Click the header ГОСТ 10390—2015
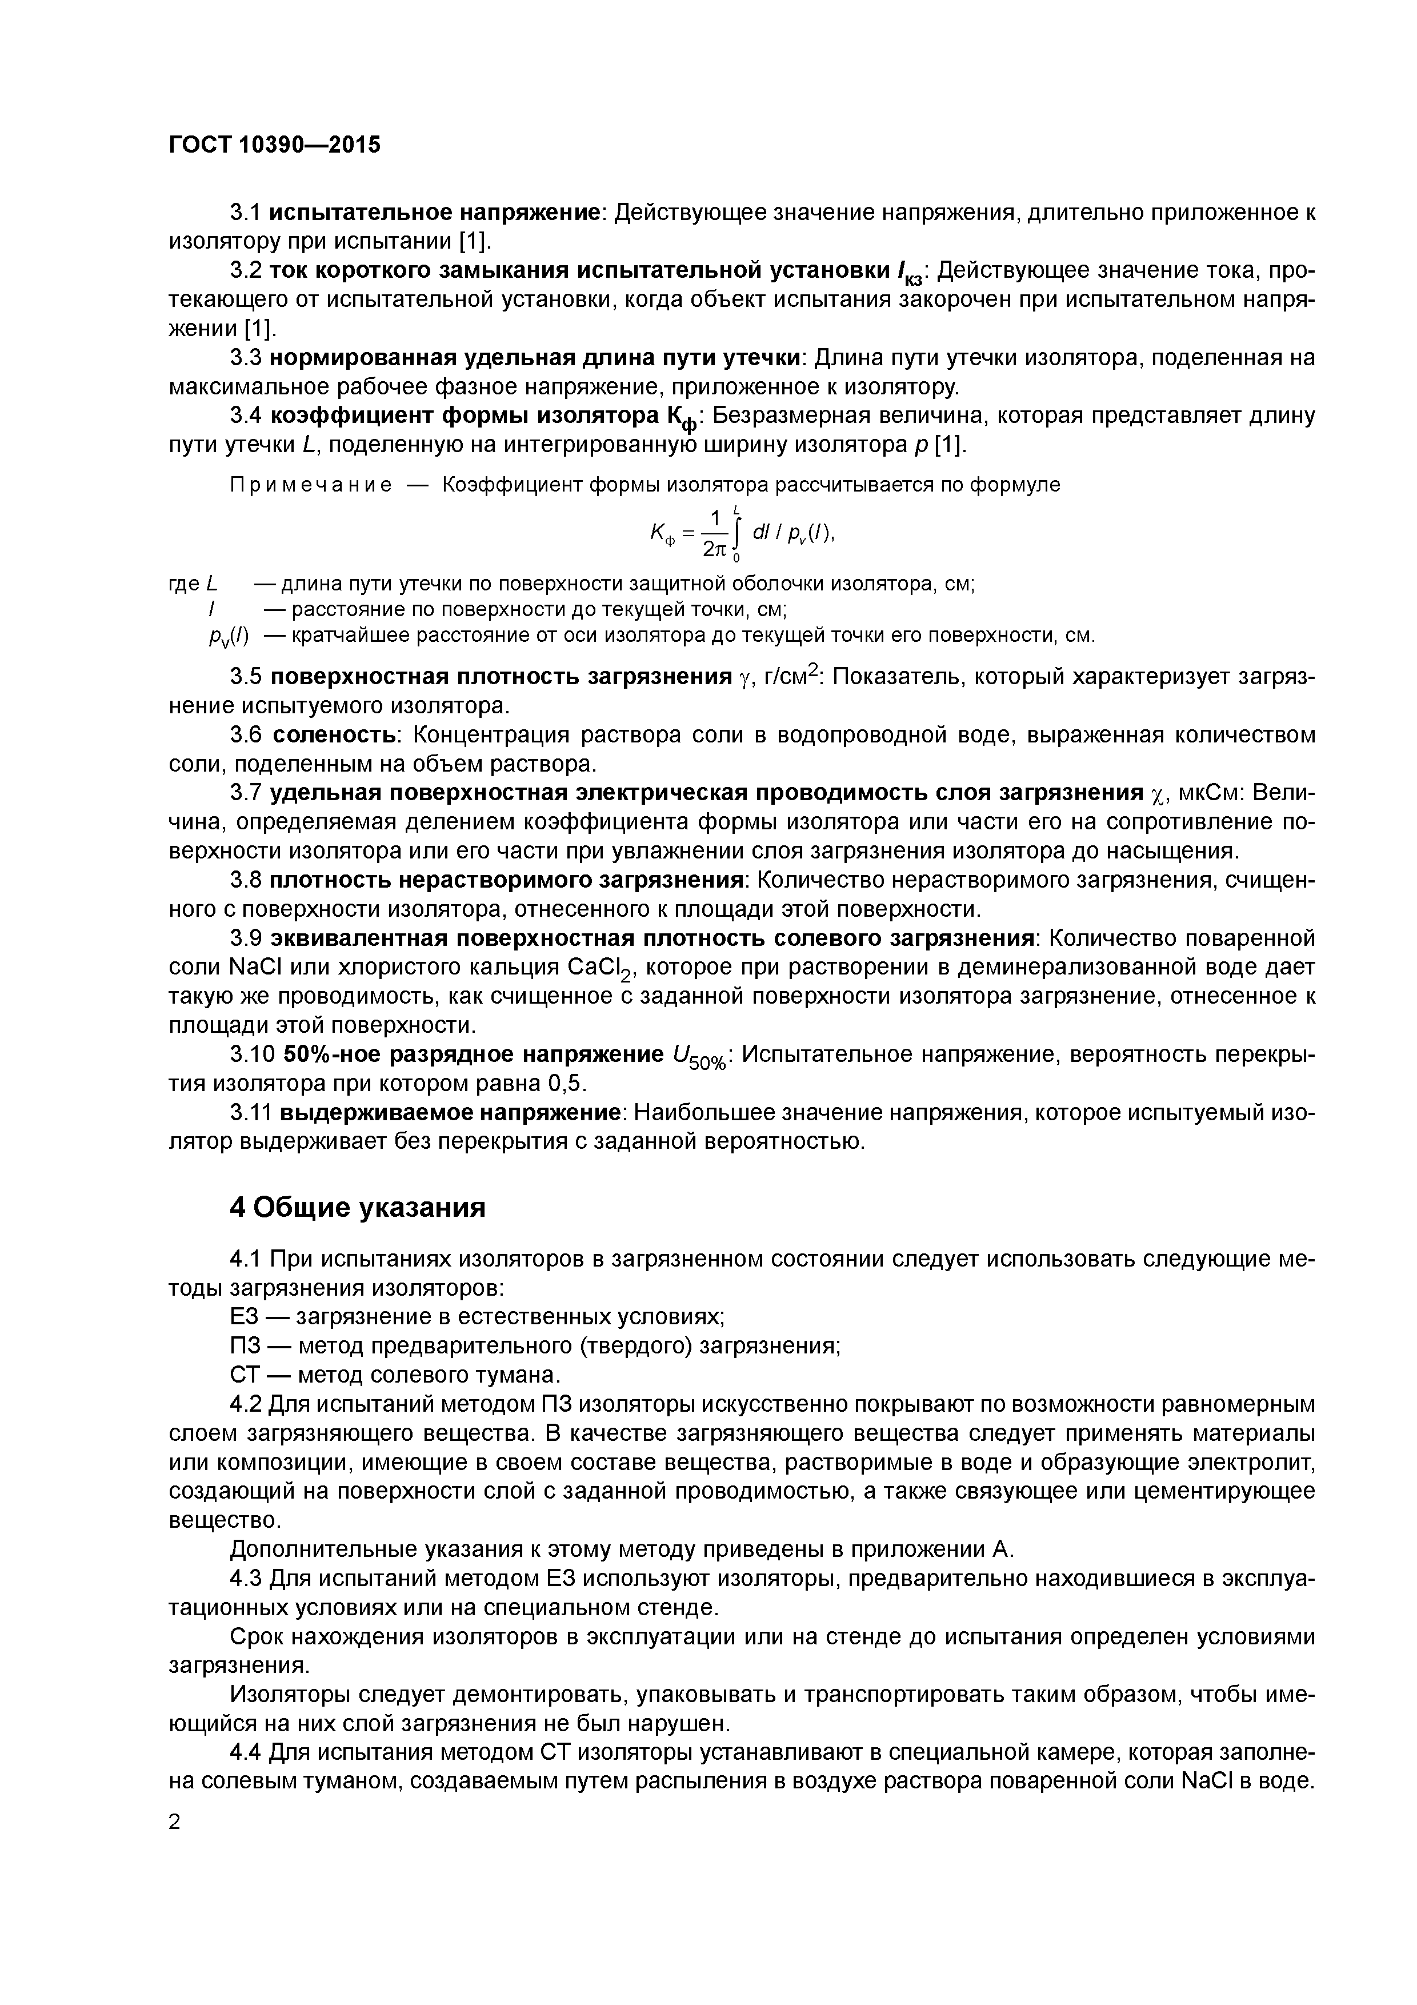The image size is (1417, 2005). pyautogui.click(x=274, y=145)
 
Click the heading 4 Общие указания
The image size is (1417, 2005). pyautogui.click(x=357, y=1208)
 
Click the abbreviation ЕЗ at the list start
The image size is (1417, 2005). pyautogui.click(x=243, y=1317)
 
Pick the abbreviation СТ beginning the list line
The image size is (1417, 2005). pyautogui.click(x=243, y=1375)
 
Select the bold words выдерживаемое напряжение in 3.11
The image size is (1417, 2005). pyautogui.click(x=449, y=1113)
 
